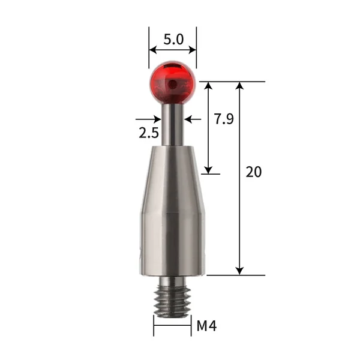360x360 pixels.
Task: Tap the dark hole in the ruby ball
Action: coord(173,84)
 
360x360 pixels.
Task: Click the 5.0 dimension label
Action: coord(173,41)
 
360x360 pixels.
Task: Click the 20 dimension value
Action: coord(254,172)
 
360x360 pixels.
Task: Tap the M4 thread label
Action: coord(206,327)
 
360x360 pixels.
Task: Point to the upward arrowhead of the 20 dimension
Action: coord(240,86)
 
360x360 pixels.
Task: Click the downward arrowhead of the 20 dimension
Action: coord(240,271)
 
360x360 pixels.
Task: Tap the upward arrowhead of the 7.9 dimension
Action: coord(209,86)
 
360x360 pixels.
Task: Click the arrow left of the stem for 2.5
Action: coord(157,119)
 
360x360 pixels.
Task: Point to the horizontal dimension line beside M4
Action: coord(172,327)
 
